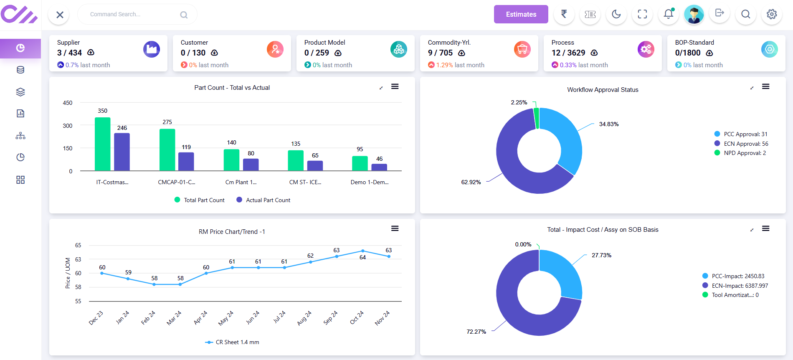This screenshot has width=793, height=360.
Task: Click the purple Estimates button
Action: point(521,14)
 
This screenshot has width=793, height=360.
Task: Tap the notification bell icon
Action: point(668,14)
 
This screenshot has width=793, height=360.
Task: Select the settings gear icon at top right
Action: point(771,14)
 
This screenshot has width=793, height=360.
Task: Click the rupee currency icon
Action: point(564,14)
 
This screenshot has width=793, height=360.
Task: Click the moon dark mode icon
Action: point(616,14)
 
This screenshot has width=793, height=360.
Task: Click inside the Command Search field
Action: point(129,14)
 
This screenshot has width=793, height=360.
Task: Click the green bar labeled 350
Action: point(103,144)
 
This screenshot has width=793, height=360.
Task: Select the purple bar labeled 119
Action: point(186,161)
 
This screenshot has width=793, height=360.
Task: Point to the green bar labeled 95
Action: point(360,163)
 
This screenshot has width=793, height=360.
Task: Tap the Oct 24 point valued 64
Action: point(362,251)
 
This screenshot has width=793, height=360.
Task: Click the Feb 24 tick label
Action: point(148,318)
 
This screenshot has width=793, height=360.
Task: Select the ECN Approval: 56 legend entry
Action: point(745,144)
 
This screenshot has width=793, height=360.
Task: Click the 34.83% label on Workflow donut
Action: point(608,124)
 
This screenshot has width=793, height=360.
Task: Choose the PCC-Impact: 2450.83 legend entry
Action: point(737,276)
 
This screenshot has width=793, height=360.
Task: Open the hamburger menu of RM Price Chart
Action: point(395,228)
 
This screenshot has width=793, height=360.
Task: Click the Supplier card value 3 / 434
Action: point(69,53)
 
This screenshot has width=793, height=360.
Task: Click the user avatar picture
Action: point(694,14)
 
